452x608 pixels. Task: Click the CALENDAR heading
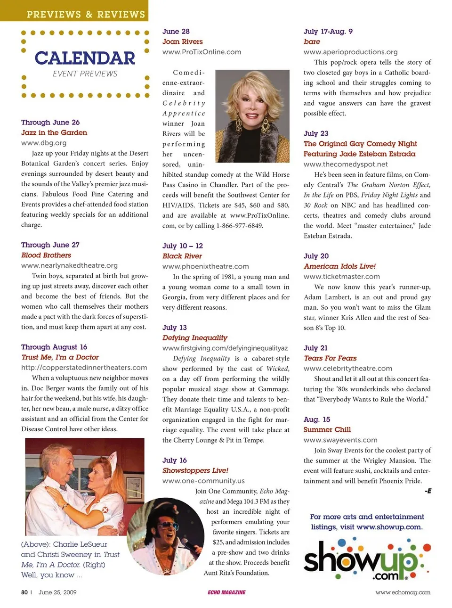(x=85, y=58)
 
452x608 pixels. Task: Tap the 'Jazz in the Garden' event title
(x=54, y=133)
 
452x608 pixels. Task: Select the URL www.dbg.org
(x=44, y=143)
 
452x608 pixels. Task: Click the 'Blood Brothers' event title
(x=46, y=255)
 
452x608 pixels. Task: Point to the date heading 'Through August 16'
(x=54, y=347)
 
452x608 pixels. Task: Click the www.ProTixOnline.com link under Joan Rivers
(x=202, y=52)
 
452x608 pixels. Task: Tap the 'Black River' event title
(x=182, y=256)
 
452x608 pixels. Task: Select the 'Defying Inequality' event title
(x=194, y=337)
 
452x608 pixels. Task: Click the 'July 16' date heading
(x=174, y=460)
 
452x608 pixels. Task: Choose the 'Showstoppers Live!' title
(x=195, y=470)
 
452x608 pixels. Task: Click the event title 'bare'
(x=312, y=41)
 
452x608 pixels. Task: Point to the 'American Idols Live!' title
(x=339, y=266)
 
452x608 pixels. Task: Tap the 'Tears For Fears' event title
(x=330, y=358)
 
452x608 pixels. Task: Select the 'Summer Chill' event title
(x=327, y=429)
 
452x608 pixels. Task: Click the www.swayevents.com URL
(x=340, y=440)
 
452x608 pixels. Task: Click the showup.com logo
(x=366, y=560)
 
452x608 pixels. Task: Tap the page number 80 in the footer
(x=24, y=592)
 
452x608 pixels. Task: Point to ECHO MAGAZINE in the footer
(x=226, y=592)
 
